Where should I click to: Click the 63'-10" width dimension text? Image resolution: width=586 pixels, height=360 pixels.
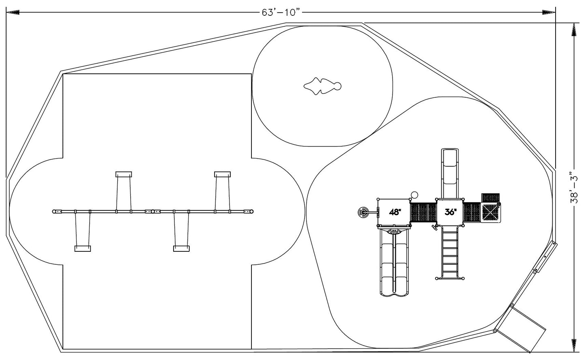point(281,12)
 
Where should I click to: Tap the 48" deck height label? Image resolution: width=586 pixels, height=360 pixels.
point(394,212)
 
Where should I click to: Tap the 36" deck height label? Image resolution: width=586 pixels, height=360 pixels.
point(450,212)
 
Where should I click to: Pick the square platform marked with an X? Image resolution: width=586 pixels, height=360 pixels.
point(490,212)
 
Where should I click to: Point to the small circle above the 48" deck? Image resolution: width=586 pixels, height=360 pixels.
point(414,195)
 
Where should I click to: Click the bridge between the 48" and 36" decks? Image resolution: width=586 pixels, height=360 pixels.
point(423,212)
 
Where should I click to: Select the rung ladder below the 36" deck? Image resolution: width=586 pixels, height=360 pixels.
point(450,251)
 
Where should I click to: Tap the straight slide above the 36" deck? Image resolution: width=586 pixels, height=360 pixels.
point(450,172)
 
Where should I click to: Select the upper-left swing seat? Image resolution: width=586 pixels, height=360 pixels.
point(124,174)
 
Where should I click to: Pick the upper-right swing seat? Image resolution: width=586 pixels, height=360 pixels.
point(223,174)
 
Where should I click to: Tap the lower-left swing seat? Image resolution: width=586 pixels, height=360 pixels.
point(83,249)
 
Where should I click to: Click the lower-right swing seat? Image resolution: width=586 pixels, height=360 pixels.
point(181,249)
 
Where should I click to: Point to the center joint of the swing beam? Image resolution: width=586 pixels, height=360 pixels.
point(153,211)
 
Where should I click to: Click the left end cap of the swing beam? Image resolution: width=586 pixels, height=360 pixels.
point(54,211)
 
